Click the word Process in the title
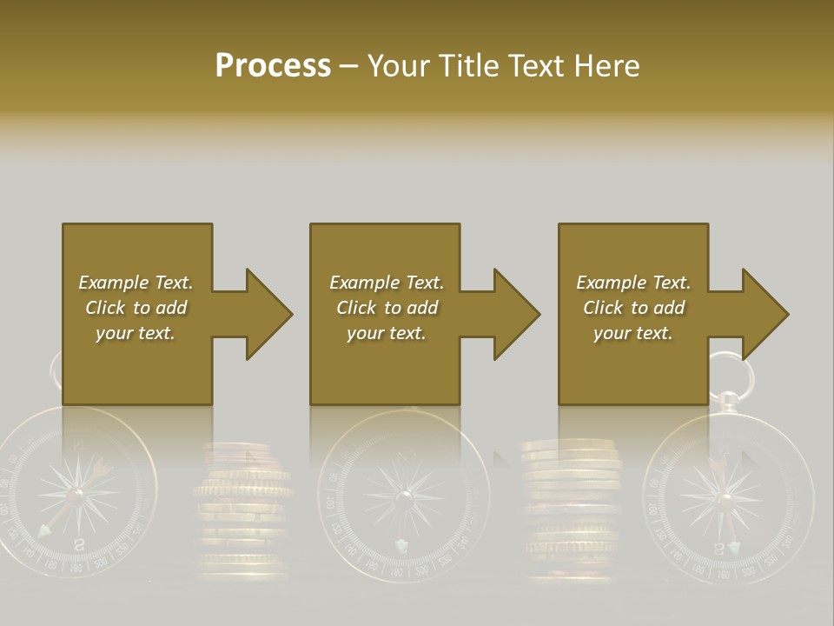click(x=273, y=66)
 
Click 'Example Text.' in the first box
click(x=136, y=283)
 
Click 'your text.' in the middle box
click(x=386, y=333)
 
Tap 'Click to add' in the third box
click(x=633, y=308)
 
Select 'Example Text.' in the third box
click(x=633, y=283)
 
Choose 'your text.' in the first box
click(x=136, y=333)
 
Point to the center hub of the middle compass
click(x=404, y=496)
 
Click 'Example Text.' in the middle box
click(x=386, y=283)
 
